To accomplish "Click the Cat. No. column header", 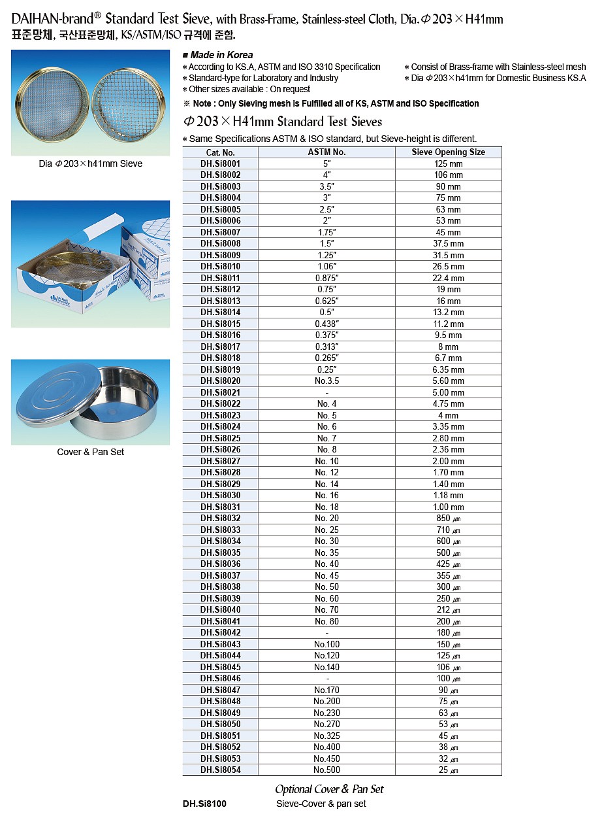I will tap(220, 152).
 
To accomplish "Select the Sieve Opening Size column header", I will tap(448, 152).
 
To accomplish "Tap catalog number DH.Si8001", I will tap(220, 164).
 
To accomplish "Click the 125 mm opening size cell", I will tap(448, 164).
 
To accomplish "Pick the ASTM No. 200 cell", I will tap(326, 702).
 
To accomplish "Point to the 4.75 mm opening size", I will tap(448, 404).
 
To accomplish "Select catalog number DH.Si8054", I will tap(220, 770).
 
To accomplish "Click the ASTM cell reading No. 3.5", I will tap(326, 381).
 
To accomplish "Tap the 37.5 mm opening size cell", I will tap(448, 244).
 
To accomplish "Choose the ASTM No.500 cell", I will tap(326, 770).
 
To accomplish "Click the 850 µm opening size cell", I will tap(448, 518).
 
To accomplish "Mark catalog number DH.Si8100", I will tap(204, 804).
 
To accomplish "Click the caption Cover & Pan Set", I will tap(90, 452).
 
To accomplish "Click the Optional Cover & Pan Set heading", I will tap(329, 789).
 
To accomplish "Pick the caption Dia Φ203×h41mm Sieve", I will tap(90, 163).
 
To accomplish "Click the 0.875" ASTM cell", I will tap(326, 279).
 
